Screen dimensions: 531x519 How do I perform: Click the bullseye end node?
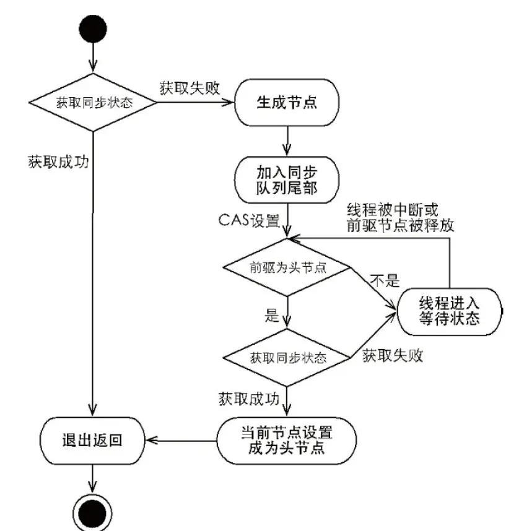click(x=92, y=511)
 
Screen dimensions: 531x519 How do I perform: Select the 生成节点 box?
click(x=287, y=102)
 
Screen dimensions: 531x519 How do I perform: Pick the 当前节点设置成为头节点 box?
click(x=287, y=439)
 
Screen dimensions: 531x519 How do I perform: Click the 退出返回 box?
click(x=92, y=440)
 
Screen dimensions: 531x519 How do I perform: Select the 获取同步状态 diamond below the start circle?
click(x=92, y=102)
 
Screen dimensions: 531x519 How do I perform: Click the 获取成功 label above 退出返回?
click(x=58, y=162)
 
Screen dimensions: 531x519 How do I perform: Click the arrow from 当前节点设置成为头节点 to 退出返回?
click(x=181, y=440)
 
